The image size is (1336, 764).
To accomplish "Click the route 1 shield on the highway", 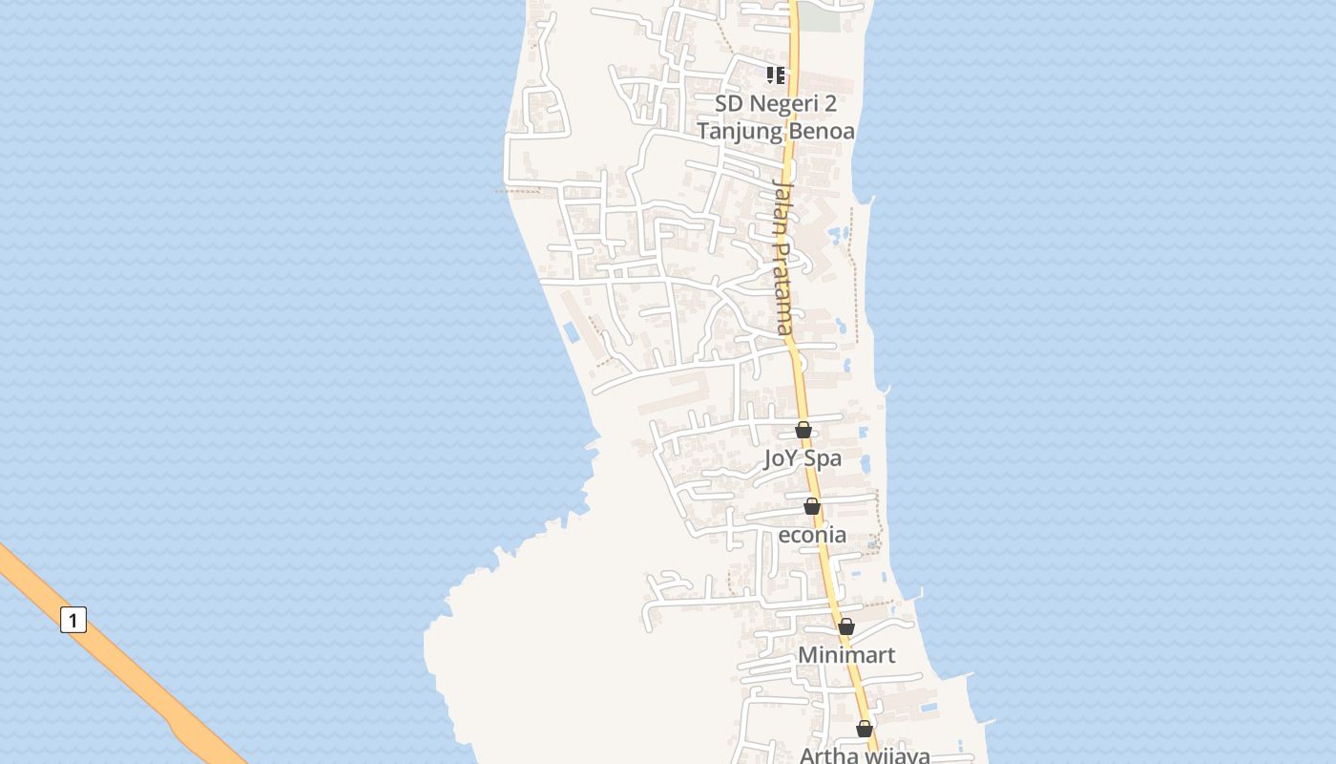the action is (73, 620).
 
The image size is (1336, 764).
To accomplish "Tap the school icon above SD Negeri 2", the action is (776, 75).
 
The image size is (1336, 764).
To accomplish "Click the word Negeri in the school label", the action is (775, 103).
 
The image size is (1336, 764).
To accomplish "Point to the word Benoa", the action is (820, 131).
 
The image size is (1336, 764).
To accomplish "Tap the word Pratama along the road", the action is (783, 286).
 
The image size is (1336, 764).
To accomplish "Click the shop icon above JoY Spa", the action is (804, 431).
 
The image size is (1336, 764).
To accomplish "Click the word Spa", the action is (823, 458).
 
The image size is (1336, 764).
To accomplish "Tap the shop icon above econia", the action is (811, 507).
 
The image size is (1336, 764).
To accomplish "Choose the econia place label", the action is (812, 535).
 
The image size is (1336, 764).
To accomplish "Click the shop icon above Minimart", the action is (846, 627).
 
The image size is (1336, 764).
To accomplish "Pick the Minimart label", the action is (846, 655).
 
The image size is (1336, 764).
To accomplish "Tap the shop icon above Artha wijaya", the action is (865, 730).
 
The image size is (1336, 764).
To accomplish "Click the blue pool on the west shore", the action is (571, 332).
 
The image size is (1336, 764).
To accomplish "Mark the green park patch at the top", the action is (819, 16).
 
